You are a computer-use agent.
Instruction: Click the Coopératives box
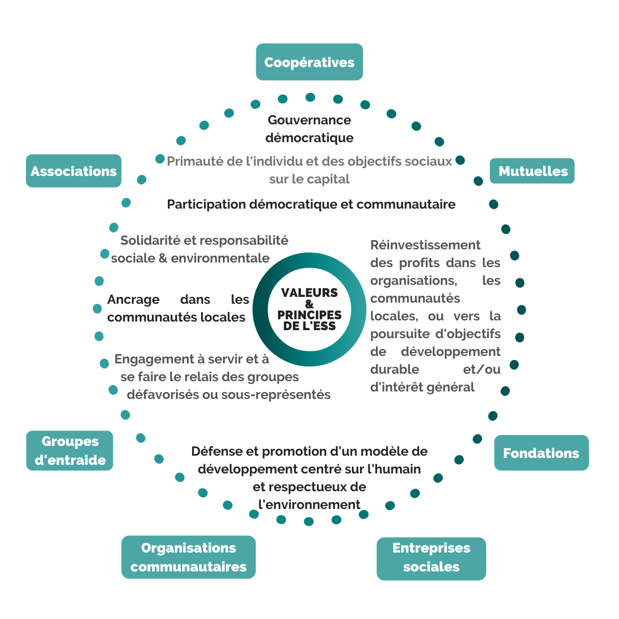pyautogui.click(x=309, y=62)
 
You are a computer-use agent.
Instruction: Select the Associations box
pyautogui.click(x=73, y=171)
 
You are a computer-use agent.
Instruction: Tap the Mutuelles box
pyautogui.click(x=532, y=171)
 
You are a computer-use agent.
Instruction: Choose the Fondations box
pyautogui.click(x=541, y=453)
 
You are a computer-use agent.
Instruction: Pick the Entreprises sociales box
pyautogui.click(x=431, y=558)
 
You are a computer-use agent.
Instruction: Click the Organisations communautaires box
pyautogui.click(x=188, y=557)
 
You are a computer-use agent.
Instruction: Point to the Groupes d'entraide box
pyautogui.click(x=70, y=450)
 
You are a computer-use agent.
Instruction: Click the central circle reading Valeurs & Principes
pyautogui.click(x=309, y=309)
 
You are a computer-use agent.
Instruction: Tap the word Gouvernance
pyautogui.click(x=309, y=120)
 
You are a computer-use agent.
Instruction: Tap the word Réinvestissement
pyautogui.click(x=425, y=245)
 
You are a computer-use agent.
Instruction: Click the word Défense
pyautogui.click(x=214, y=452)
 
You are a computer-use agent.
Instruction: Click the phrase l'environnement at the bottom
pyautogui.click(x=309, y=504)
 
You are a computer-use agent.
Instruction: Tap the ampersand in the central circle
pyautogui.click(x=309, y=304)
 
